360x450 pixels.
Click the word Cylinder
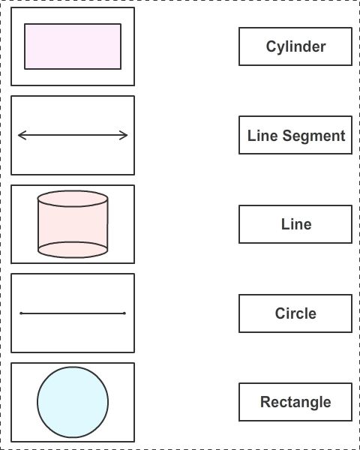pyautogui.click(x=295, y=46)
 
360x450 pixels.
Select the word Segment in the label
pyautogui.click(x=313, y=136)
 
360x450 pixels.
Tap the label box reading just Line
pyautogui.click(x=295, y=224)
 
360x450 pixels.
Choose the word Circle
pyautogui.click(x=295, y=313)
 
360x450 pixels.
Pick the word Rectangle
pyautogui.click(x=295, y=402)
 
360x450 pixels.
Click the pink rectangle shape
pyautogui.click(x=73, y=46)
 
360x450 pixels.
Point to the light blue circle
pyautogui.click(x=73, y=402)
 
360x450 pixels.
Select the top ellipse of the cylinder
pyautogui.click(x=73, y=199)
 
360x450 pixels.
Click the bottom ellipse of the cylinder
pyautogui.click(x=73, y=250)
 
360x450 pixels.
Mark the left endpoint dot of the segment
pyautogui.click(x=21, y=313)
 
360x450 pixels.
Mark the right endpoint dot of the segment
pyautogui.click(x=124, y=313)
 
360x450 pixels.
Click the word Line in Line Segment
pyautogui.click(x=262, y=136)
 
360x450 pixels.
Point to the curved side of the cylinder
pyautogui.click(x=73, y=224)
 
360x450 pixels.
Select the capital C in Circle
pyautogui.click(x=280, y=313)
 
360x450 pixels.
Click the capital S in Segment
pyautogui.click(x=288, y=136)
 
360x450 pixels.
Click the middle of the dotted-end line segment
pyautogui.click(x=73, y=313)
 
